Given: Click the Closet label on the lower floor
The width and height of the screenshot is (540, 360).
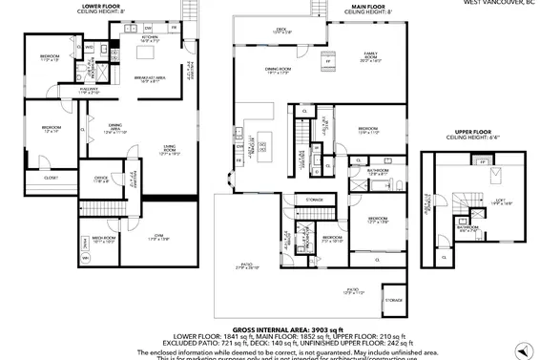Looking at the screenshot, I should [x=51, y=178].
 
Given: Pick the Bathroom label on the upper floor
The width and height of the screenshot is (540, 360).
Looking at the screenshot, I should [x=468, y=229].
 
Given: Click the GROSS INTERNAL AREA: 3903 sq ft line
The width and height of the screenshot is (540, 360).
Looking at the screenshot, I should [x=272, y=328].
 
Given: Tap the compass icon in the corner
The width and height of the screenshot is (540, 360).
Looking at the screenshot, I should [x=522, y=348].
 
